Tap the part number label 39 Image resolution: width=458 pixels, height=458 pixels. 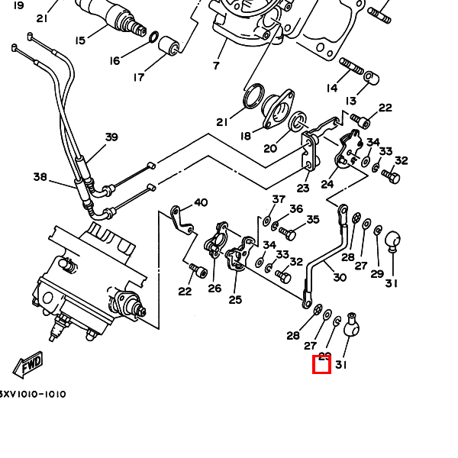(x=111, y=137)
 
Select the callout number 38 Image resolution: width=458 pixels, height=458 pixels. (x=40, y=177)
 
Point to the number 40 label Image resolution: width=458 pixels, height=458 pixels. (x=201, y=202)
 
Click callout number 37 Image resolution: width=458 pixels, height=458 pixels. (x=279, y=199)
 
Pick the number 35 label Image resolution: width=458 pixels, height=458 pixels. (x=312, y=220)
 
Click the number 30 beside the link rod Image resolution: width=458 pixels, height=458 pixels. (x=339, y=279)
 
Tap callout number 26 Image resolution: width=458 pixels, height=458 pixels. (x=214, y=288)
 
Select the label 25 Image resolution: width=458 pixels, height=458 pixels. (x=235, y=299)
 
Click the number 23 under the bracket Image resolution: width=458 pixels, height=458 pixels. (x=303, y=189)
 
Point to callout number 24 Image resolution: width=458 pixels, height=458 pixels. (x=327, y=184)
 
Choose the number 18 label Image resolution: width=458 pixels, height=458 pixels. (x=245, y=136)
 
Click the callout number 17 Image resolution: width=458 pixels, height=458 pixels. (x=139, y=77)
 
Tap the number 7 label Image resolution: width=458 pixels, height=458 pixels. (x=216, y=66)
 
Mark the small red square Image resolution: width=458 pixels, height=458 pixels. (x=322, y=365)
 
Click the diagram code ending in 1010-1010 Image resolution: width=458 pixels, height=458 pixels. (x=32, y=395)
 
